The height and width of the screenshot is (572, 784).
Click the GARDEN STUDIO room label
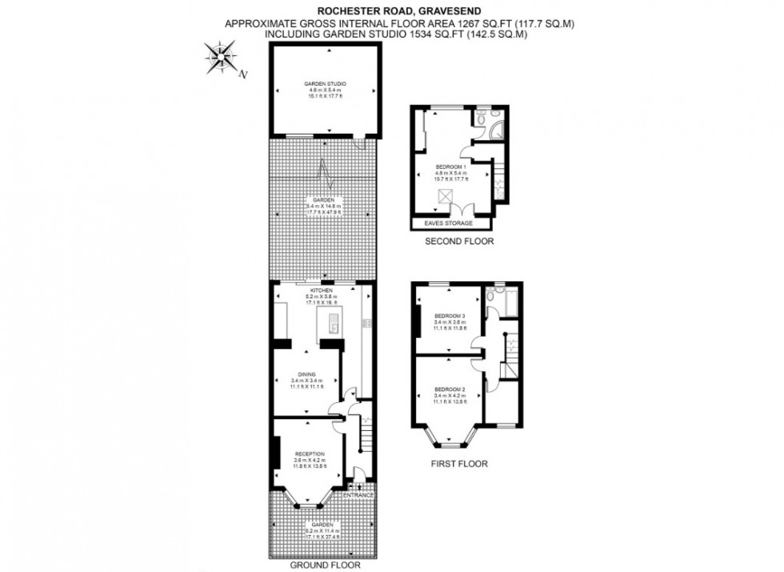[324, 84]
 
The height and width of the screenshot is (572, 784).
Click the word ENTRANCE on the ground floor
[358, 495]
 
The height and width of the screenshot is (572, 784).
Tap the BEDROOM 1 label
[451, 166]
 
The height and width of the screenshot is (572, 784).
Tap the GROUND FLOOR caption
[324, 564]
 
